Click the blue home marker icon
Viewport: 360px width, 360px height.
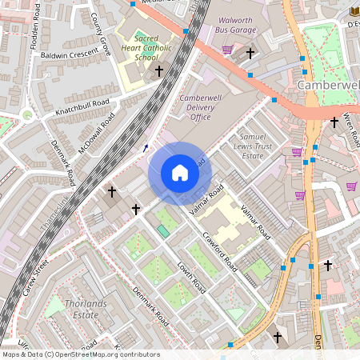[x=180, y=174]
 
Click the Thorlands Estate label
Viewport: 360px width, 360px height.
[x=71, y=309]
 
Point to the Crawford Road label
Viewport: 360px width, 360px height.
[x=218, y=250]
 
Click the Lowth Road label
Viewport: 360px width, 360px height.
[x=192, y=280]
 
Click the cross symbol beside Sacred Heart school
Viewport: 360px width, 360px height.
[x=158, y=71]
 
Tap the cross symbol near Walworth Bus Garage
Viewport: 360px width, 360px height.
[x=250, y=54]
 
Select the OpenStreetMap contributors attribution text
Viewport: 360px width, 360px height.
[x=81, y=354]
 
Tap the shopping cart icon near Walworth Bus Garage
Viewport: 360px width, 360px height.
[x=227, y=50]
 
